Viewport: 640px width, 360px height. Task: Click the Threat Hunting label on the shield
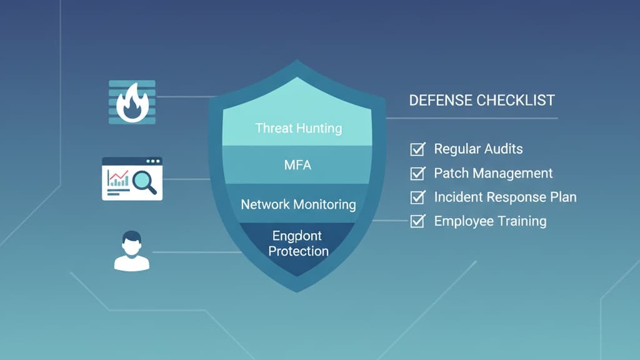point(298,128)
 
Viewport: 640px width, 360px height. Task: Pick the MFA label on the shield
point(297,166)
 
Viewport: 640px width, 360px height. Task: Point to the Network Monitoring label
point(298,204)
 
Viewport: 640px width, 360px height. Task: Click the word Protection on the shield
point(299,251)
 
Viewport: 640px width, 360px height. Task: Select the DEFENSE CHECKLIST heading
point(481,101)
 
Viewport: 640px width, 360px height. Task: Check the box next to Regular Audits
point(417,149)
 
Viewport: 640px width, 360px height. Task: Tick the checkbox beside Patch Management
point(417,173)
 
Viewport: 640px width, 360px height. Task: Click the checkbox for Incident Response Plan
point(417,197)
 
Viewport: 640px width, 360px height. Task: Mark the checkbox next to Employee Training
point(417,221)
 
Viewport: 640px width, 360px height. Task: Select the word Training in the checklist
point(521,221)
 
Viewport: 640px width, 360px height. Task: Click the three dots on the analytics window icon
point(152,162)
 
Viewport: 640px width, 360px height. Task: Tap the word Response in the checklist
point(517,197)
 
